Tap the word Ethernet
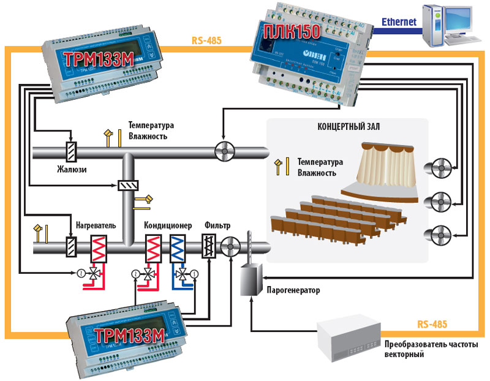(399, 22)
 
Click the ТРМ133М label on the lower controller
(129, 336)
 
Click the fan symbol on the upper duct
(223, 150)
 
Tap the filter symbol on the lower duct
(209, 248)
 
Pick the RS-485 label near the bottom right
(432, 323)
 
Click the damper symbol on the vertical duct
(128, 185)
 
